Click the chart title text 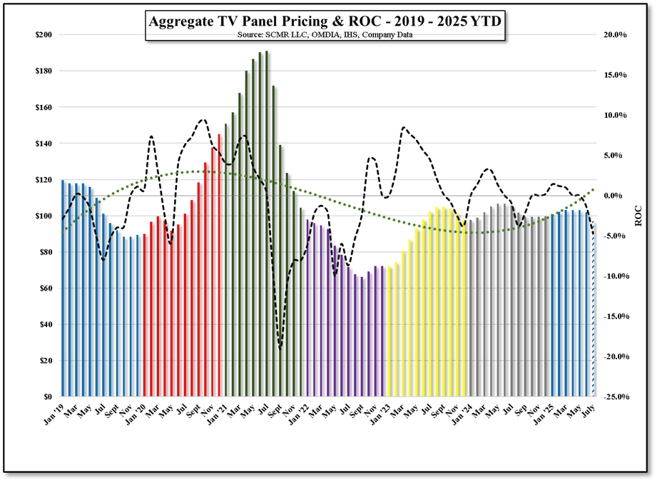tap(325, 21)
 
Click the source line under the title tap(325, 35)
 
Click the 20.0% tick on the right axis tap(615, 35)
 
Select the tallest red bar tap(219, 264)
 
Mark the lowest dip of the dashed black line tap(280, 348)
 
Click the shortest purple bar tap(362, 336)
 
